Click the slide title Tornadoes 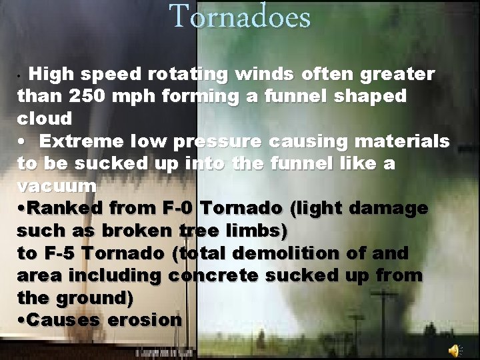point(240,16)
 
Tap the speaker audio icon point(454,349)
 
